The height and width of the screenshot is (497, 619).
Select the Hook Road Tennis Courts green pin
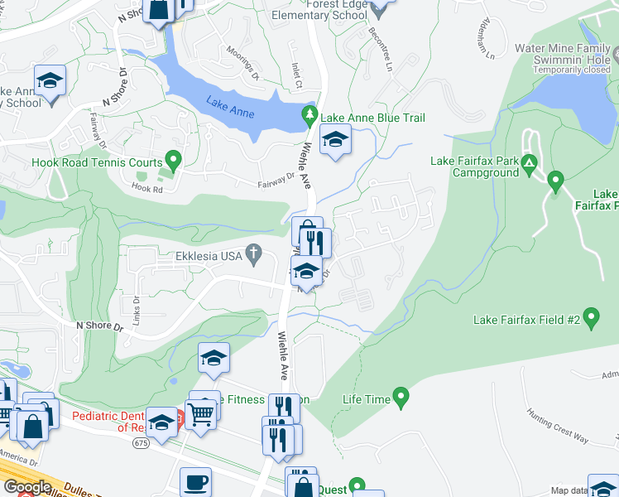tap(173, 159)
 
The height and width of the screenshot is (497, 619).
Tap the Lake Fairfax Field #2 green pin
tap(591, 316)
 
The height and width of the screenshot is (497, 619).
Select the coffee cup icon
tap(195, 481)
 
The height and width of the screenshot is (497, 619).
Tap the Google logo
tap(26, 487)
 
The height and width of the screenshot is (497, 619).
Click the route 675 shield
tap(142, 444)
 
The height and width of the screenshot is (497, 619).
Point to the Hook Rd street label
tap(145, 187)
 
